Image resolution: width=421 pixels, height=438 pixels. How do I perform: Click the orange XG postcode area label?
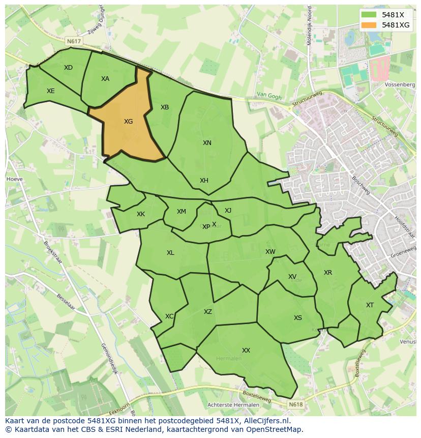pyautogui.click(x=128, y=122)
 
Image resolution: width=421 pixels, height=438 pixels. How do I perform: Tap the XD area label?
pyautogui.click(x=68, y=68)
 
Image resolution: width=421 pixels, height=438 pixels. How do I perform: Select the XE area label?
pyautogui.click(x=51, y=91)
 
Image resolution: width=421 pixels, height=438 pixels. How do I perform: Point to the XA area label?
pyautogui.click(x=105, y=79)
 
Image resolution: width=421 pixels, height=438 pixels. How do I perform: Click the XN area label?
pyautogui.click(x=207, y=143)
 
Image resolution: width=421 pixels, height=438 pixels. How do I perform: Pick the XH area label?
pyautogui.click(x=204, y=181)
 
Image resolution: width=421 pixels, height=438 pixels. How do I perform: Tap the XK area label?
pyautogui.click(x=141, y=214)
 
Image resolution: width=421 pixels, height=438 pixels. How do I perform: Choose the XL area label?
pyautogui.click(x=170, y=253)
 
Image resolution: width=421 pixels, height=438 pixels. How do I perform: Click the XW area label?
pyautogui.click(x=270, y=252)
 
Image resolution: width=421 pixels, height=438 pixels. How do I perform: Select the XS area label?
pyautogui.click(x=298, y=318)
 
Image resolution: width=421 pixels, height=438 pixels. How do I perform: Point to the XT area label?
pyautogui.click(x=370, y=305)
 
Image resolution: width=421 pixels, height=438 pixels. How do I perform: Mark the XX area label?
pyautogui.click(x=246, y=351)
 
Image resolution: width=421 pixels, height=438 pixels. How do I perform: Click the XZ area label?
pyautogui.click(x=208, y=312)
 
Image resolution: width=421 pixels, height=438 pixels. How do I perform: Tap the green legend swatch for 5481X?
pyautogui.click(x=369, y=15)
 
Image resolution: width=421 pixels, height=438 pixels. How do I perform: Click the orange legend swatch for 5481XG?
pyautogui.click(x=369, y=25)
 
